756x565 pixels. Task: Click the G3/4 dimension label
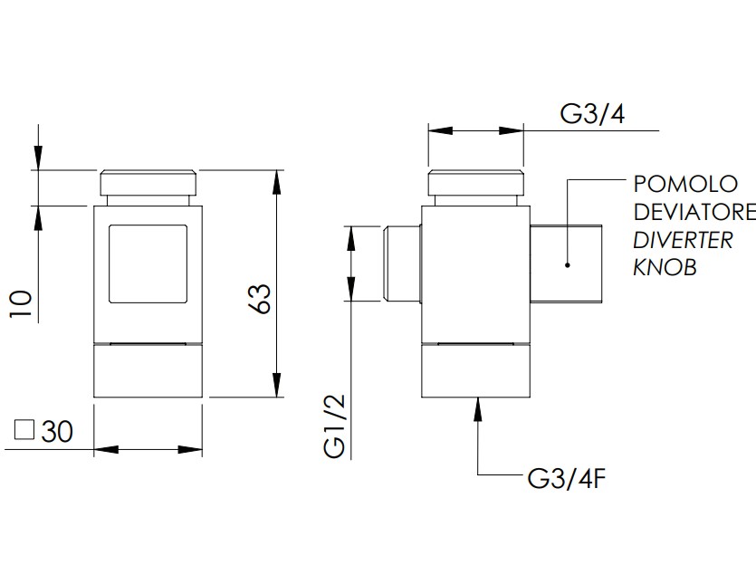point(592,115)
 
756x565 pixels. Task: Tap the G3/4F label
point(567,479)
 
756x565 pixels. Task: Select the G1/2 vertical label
point(335,426)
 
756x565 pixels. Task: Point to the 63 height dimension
point(261,300)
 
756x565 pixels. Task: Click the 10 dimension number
point(21,303)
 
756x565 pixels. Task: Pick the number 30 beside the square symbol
point(57,431)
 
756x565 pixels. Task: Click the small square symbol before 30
point(24,430)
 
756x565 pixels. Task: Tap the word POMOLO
point(685,184)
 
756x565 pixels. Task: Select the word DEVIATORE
point(694,212)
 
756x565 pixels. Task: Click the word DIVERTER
point(683,240)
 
